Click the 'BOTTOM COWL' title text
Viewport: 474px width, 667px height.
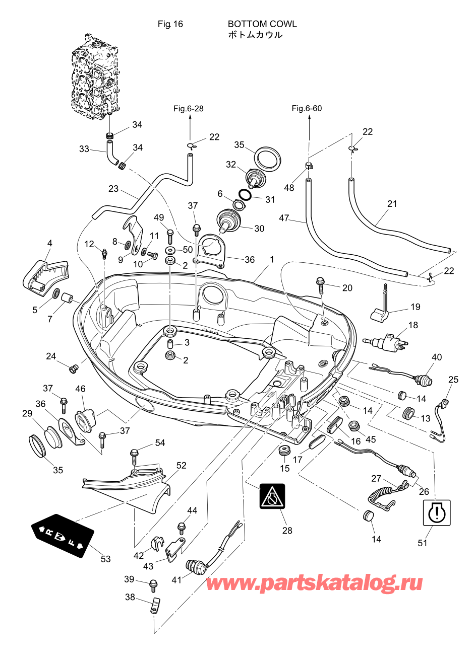[262, 24]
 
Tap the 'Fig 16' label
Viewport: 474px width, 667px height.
[170, 24]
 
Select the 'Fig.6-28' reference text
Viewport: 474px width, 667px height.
[188, 109]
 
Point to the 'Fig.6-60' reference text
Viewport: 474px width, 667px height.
[307, 109]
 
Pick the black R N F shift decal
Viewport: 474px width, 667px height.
[63, 536]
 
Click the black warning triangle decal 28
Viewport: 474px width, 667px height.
[272, 496]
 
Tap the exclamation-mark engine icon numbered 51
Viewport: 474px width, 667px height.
[436, 512]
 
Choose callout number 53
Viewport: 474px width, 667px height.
[105, 559]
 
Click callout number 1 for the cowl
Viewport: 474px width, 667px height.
[272, 260]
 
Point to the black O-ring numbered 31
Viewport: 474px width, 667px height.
[245, 195]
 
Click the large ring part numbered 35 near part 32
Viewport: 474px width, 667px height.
[267, 159]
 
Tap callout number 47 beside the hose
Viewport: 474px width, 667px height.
[284, 218]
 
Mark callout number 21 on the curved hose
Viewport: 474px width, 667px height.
[392, 204]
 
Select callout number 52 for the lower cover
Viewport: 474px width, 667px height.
[182, 466]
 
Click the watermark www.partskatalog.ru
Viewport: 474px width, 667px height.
[314, 583]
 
